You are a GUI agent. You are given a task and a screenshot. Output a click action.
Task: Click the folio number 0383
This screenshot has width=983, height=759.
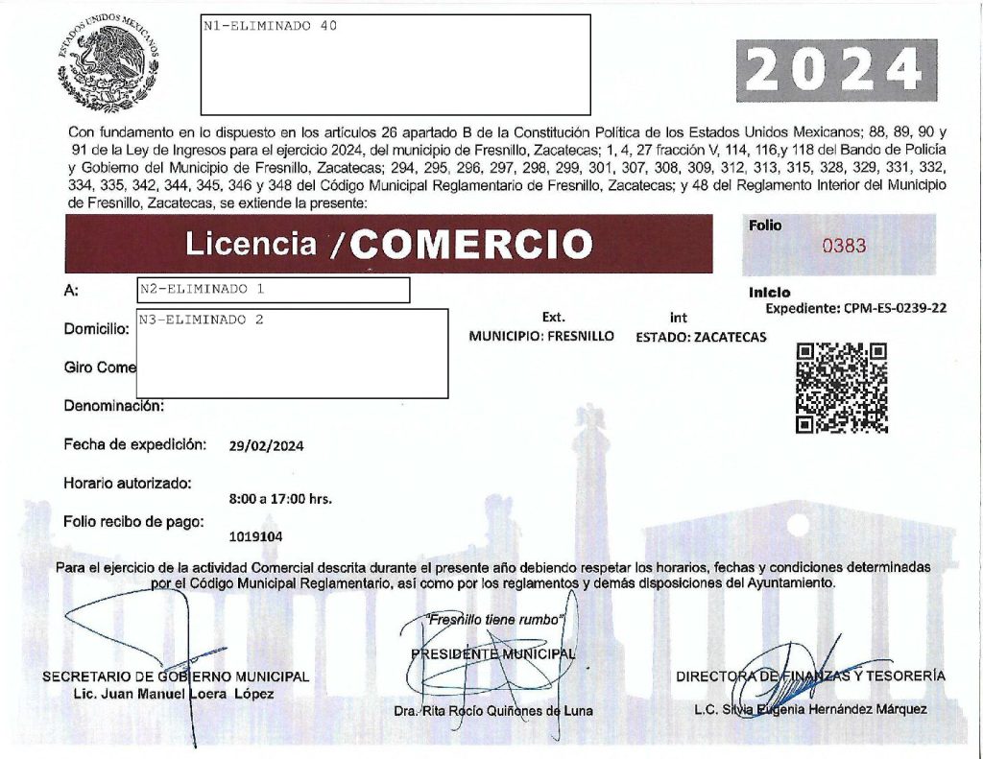coord(844,246)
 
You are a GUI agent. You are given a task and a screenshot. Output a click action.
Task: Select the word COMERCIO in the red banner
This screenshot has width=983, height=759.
coord(470,245)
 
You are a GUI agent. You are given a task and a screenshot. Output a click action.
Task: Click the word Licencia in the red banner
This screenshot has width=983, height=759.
coord(251,244)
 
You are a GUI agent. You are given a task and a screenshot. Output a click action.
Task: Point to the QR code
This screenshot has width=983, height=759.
coord(842,388)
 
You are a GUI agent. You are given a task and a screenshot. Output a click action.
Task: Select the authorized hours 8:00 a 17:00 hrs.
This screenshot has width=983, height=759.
coord(281,500)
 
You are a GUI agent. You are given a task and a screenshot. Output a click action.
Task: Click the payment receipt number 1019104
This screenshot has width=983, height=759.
coord(256,537)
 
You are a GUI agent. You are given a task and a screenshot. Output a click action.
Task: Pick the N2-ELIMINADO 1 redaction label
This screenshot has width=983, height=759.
coord(201,288)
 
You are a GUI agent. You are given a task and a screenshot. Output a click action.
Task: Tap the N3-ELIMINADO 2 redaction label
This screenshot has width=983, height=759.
coord(201,320)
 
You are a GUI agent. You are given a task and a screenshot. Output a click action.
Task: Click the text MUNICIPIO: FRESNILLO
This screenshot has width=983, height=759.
coord(541,338)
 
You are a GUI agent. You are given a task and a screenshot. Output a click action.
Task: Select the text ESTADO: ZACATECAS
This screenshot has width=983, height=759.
coord(701,338)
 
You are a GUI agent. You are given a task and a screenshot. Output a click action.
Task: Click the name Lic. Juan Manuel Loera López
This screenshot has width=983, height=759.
coord(173,694)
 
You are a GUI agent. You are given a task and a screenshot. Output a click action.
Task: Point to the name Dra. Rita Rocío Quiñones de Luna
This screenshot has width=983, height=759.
coord(493,711)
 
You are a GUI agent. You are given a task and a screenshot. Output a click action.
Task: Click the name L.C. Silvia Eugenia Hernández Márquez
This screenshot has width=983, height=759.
coord(810,709)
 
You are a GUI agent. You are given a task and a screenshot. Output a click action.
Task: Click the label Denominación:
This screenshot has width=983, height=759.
coord(114,406)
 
